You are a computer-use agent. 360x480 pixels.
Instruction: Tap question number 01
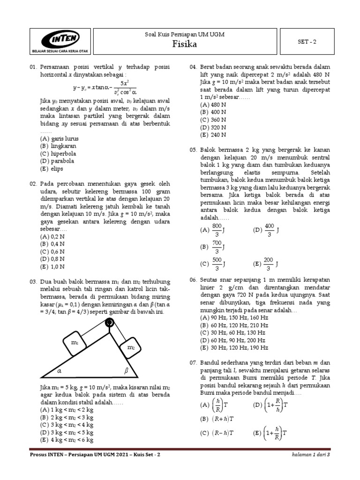point(33,67)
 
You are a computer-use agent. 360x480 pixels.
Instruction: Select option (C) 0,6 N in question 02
point(52,251)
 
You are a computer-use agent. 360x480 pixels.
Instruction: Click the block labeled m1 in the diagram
point(75,343)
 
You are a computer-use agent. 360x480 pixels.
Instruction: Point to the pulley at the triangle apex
point(110,322)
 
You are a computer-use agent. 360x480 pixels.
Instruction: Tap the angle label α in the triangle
point(60,370)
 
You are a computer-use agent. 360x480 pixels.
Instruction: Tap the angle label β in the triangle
point(125,370)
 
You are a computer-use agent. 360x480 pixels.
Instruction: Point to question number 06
point(193,280)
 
